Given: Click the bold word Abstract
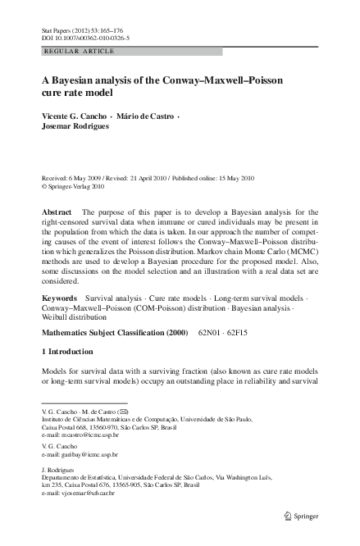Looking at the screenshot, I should point(57,212).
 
